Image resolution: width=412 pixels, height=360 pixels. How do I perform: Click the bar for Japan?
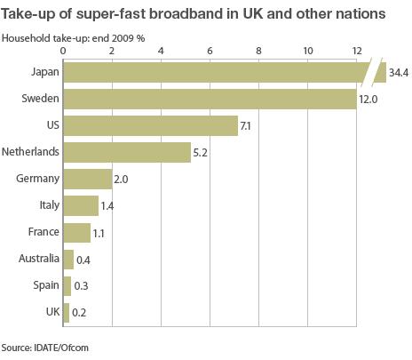point(213,72)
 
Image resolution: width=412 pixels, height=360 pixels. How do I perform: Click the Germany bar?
point(88,179)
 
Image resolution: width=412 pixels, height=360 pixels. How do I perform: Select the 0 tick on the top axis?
point(63,51)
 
